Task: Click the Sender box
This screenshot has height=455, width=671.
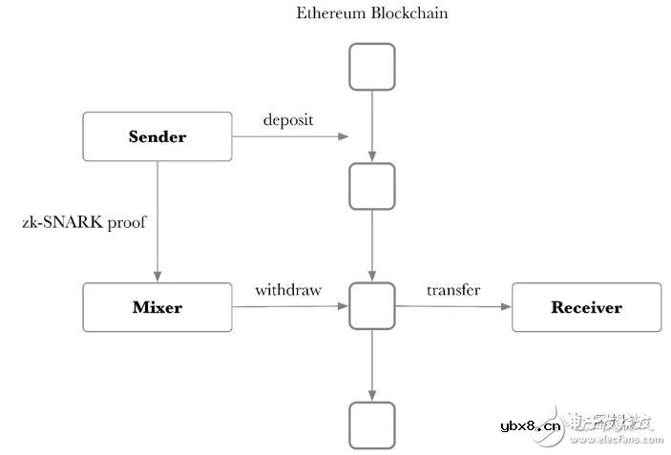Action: (x=157, y=136)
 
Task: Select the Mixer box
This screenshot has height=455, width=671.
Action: (x=157, y=307)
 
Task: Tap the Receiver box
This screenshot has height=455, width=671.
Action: (x=586, y=307)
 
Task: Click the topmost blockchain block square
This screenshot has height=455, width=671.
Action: (x=371, y=67)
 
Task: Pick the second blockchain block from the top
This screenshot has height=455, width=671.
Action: (x=371, y=186)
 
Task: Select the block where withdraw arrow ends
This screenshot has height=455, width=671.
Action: (x=371, y=306)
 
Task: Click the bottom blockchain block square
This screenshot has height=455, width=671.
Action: (x=371, y=425)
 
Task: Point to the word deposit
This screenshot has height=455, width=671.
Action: (x=288, y=120)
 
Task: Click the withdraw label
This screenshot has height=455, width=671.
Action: (x=288, y=290)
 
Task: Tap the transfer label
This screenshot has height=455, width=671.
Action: (x=453, y=290)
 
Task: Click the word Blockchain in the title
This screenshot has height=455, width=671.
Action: (x=410, y=13)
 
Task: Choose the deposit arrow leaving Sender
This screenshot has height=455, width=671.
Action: (x=291, y=136)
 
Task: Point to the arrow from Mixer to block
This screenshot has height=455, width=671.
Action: (x=291, y=307)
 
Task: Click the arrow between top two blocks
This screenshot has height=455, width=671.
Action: (x=371, y=126)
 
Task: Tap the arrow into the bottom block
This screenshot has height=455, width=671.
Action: (x=371, y=365)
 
